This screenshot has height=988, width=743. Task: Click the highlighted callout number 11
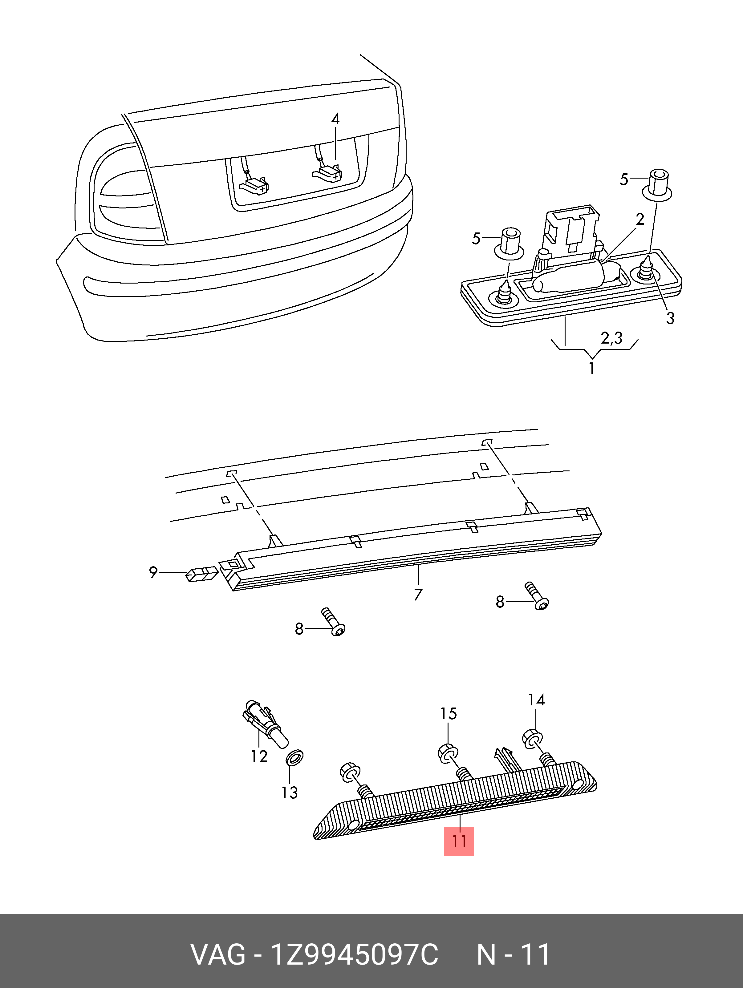click(x=459, y=841)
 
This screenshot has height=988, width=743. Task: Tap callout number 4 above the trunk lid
click(x=335, y=119)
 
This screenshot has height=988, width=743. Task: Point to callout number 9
click(x=153, y=572)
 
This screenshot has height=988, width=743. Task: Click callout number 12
click(x=259, y=756)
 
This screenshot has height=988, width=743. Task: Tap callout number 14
click(x=536, y=700)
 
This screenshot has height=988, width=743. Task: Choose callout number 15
click(x=448, y=714)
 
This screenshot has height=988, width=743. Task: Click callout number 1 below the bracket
click(x=591, y=369)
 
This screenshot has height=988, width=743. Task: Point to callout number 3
click(x=670, y=318)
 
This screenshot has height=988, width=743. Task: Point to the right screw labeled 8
click(x=537, y=596)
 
